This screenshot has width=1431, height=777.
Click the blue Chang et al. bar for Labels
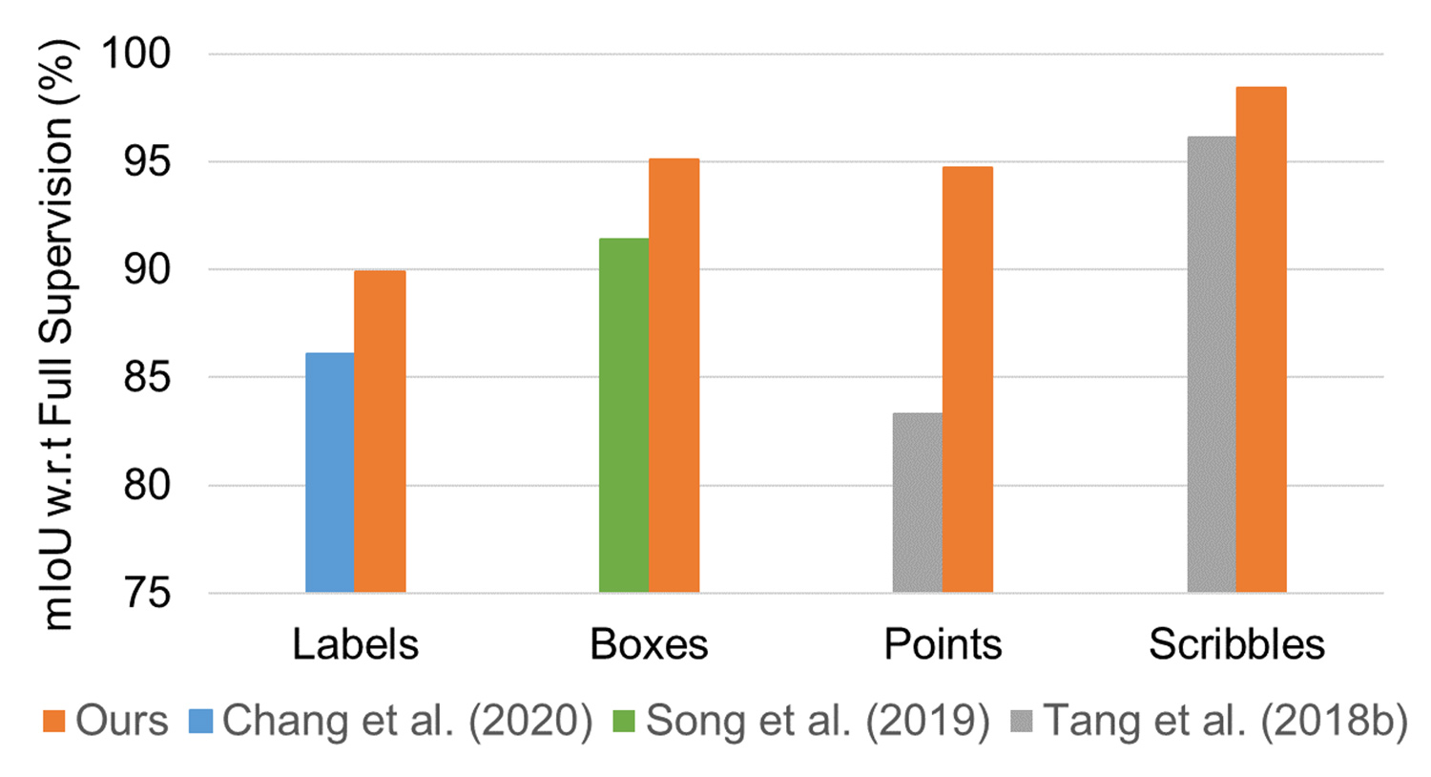pyautogui.click(x=329, y=472)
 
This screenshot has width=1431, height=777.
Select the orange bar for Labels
pyautogui.click(x=380, y=431)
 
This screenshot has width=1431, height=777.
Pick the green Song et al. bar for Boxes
pyautogui.click(x=623, y=415)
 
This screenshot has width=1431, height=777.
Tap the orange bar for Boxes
pyautogui.click(x=674, y=375)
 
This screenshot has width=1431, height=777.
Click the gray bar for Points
pyautogui.click(x=917, y=502)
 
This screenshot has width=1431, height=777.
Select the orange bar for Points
pyautogui.click(x=967, y=380)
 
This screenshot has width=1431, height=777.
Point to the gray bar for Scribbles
pyautogui.click(x=1211, y=365)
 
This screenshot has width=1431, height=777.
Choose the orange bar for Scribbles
pyautogui.click(x=1261, y=340)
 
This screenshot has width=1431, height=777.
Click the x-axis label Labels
pyautogui.click(x=355, y=645)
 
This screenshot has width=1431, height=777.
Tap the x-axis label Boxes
pyautogui.click(x=649, y=645)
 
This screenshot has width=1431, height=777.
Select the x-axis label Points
pyautogui.click(x=943, y=645)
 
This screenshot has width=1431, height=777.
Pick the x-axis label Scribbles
pyautogui.click(x=1236, y=645)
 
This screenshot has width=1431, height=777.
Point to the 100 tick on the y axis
pyautogui.click(x=136, y=53)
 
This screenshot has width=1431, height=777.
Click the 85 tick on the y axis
pyautogui.click(x=147, y=378)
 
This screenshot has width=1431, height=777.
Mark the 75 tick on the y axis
pyautogui.click(x=147, y=594)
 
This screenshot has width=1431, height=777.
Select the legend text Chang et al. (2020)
pyautogui.click(x=407, y=722)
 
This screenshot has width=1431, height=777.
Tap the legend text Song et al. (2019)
pyautogui.click(x=818, y=722)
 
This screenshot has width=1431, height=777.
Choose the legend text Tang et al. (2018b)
pyautogui.click(x=1225, y=722)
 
